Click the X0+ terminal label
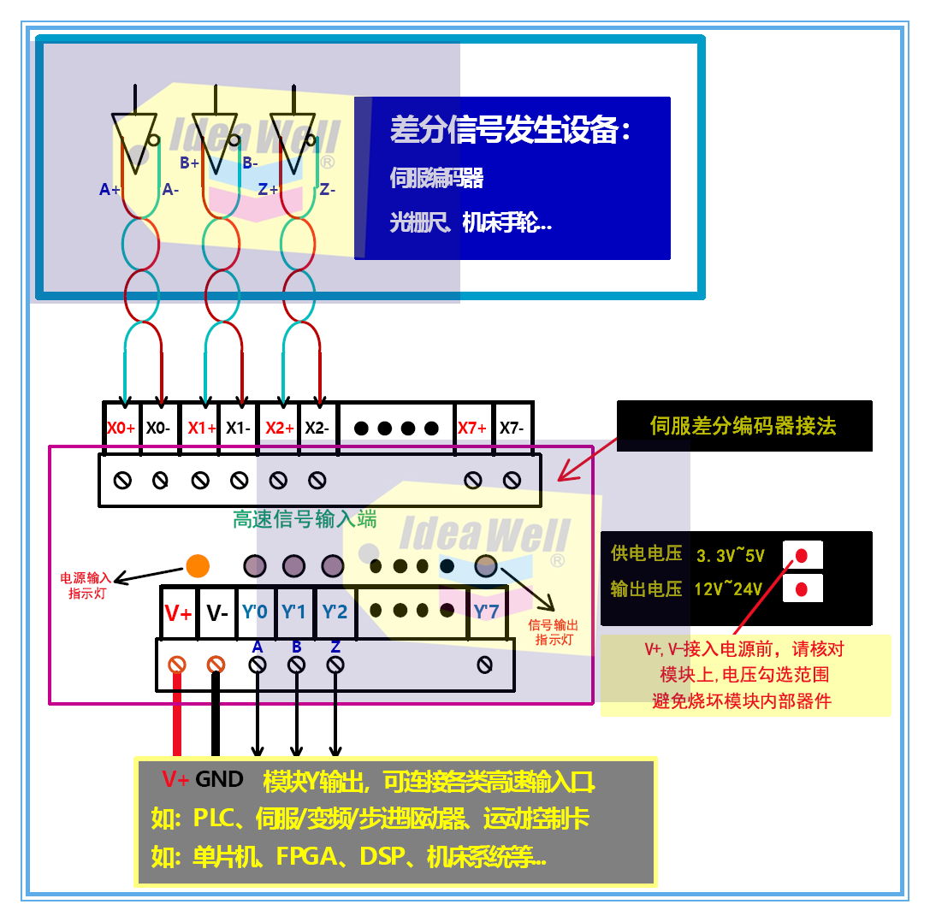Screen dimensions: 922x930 [121, 428]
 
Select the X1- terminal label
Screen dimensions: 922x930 [238, 428]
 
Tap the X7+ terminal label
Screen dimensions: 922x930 [472, 428]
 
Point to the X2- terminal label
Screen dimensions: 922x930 [317, 428]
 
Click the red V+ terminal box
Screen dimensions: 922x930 [179, 612]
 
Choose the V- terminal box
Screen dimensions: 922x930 [217, 612]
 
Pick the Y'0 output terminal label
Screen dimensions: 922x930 [255, 612]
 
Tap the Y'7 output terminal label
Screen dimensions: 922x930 [486, 612]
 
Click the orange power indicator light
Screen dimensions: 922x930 [198, 565]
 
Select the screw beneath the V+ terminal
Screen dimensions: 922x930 [177, 664]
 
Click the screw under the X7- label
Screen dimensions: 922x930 [512, 481]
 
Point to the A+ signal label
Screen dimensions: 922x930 [110, 190]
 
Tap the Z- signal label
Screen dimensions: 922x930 [326, 190]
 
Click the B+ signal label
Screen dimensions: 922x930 [189, 163]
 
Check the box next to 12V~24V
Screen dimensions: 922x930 [802, 589]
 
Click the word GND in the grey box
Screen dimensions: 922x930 [220, 779]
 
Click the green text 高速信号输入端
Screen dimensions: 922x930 [305, 519]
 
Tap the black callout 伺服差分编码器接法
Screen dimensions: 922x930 [743, 425]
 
